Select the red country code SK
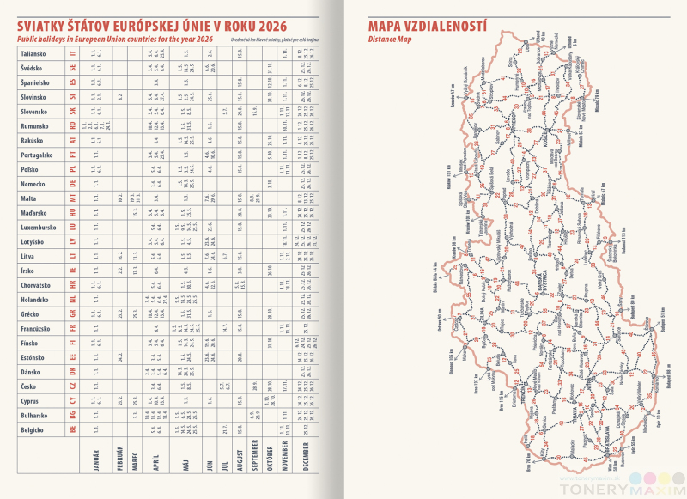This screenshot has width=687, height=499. (74, 113)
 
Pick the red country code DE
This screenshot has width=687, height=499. (74, 185)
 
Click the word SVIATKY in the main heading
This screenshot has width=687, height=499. (46, 25)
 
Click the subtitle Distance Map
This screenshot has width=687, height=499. (390, 40)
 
